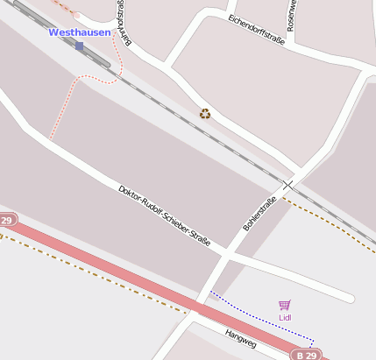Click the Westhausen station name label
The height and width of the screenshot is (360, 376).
tap(80, 32)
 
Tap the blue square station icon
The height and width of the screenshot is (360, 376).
tap(80, 46)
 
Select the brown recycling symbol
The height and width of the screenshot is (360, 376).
tap(205, 113)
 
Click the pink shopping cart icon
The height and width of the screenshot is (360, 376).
tap(284, 305)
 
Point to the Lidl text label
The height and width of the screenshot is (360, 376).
tap(284, 317)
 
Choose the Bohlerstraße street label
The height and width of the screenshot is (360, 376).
tap(259, 214)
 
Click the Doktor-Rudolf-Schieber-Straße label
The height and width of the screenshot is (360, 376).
tap(165, 215)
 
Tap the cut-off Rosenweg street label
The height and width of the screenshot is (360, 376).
tap(294, 11)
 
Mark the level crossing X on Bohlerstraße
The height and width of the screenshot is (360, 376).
tap(288, 185)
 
